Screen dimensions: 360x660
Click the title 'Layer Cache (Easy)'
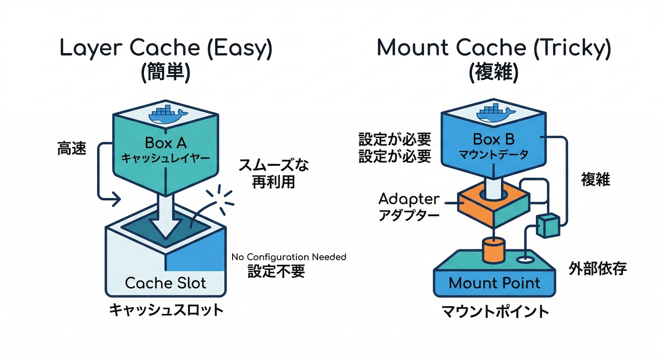[x=165, y=49]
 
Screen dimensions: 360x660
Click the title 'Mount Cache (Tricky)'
[x=494, y=49]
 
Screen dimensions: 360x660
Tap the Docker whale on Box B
[x=495, y=112]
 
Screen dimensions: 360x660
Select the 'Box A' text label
[x=165, y=142]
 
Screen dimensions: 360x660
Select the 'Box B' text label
[x=494, y=139]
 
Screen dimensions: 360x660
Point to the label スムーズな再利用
[x=274, y=173]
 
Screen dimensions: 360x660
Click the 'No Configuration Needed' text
[x=289, y=257]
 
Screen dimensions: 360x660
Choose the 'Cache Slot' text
[x=165, y=283]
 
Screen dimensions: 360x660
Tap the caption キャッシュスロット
[x=166, y=310]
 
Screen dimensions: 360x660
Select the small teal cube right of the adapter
[x=547, y=225]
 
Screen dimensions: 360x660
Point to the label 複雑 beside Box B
[x=595, y=179]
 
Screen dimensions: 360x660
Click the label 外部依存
[x=597, y=268]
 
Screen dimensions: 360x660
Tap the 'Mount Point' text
[x=495, y=283]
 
